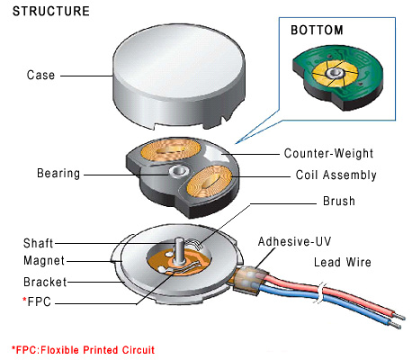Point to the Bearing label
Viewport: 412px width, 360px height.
[x=58, y=172]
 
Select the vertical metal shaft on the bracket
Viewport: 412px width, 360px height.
[x=181, y=247]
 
